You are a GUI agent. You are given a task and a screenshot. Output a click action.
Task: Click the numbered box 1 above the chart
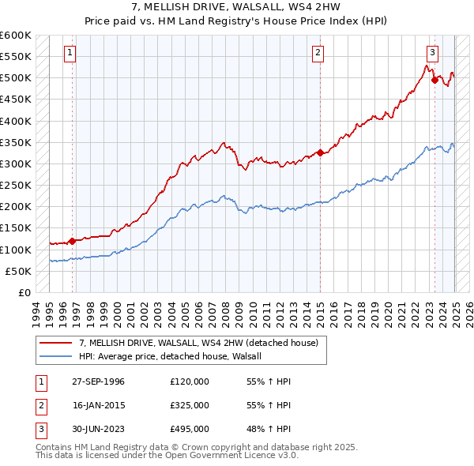[x=70, y=53]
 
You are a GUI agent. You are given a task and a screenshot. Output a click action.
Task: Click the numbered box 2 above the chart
[x=318, y=53]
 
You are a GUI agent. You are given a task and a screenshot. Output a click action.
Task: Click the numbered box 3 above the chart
[x=433, y=53]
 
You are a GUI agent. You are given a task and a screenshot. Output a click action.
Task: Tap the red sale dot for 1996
[x=72, y=241]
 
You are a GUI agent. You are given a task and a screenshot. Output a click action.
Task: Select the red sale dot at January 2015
[x=320, y=153]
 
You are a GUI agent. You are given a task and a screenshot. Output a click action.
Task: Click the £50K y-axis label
[x=19, y=271]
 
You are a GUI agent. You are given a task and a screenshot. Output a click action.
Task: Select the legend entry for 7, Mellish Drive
[x=198, y=343]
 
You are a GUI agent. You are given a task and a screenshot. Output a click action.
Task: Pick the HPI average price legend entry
[x=175, y=356]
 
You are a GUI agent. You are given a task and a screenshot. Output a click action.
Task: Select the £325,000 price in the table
[x=190, y=405]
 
